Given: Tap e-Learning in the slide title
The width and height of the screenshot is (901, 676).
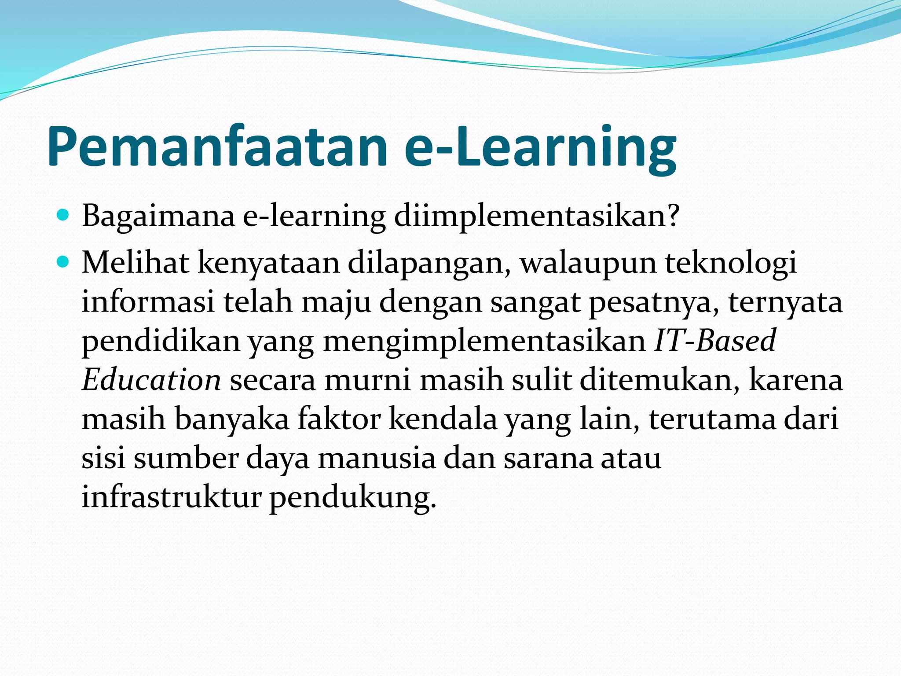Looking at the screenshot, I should coord(540,147).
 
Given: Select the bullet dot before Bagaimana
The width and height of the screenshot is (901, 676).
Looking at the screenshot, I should coord(63,215).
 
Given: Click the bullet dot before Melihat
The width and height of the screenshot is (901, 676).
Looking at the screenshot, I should coord(63,263).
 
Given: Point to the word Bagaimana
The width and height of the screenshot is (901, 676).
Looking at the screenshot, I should coord(158,217).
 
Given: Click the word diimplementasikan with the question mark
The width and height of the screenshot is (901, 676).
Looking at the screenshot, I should coord(537,217).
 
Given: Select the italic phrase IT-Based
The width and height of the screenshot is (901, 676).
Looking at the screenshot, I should coord(715,341).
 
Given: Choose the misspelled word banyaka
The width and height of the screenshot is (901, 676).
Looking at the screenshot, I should coord(232,419).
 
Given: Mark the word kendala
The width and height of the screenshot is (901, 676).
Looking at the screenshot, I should coord(443,419).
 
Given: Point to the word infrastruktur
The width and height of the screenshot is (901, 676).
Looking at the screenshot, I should coord(172,497).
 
